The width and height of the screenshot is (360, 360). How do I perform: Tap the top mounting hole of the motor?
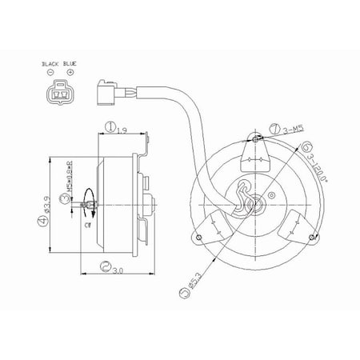(256, 141)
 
